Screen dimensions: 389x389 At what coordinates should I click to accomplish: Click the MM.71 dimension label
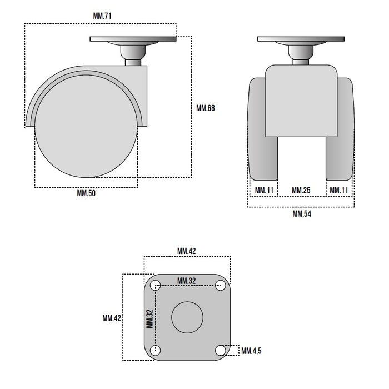[102, 16]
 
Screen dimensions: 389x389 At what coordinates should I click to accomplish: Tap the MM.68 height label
[206, 108]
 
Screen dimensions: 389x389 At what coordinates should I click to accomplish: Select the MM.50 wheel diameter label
[86, 193]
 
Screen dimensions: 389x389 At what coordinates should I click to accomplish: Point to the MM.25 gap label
[301, 190]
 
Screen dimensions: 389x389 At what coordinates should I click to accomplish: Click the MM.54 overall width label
[302, 213]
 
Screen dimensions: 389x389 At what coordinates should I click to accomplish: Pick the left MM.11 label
[264, 190]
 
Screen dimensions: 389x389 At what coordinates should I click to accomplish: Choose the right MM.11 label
[339, 190]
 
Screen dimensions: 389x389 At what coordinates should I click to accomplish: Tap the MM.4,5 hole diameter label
[251, 351]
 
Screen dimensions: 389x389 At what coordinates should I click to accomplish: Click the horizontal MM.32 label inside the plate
[187, 281]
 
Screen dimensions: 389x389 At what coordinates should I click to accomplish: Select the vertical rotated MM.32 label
[149, 319]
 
